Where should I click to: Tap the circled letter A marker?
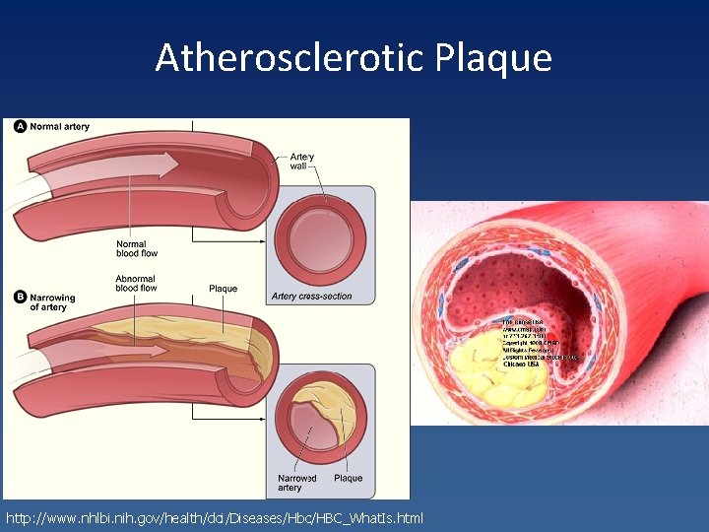click(x=21, y=126)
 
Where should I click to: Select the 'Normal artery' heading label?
click(x=59, y=126)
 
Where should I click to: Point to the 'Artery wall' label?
click(x=302, y=162)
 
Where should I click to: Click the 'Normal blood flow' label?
click(x=137, y=248)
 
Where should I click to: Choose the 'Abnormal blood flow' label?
click(x=136, y=284)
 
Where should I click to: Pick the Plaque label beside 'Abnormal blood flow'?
click(x=224, y=289)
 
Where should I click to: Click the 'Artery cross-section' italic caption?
click(x=311, y=297)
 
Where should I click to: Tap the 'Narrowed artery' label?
click(x=296, y=483)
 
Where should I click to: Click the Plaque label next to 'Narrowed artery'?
click(x=348, y=479)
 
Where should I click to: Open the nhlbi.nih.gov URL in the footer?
click(x=215, y=517)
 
